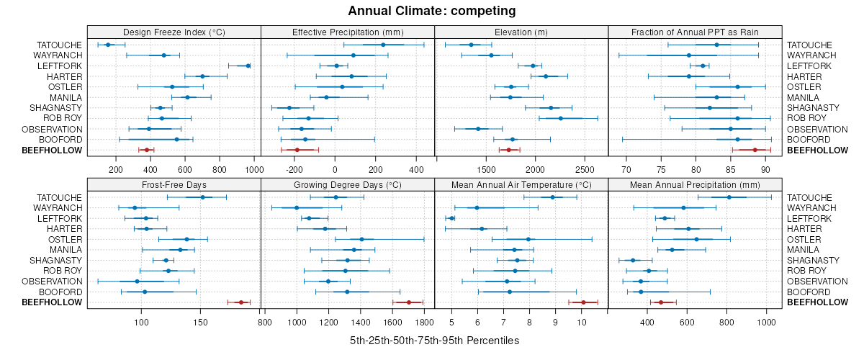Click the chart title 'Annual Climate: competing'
point(432,11)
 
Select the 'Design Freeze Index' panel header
point(174,32)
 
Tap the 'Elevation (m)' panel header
point(521,32)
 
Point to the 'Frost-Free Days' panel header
point(174,185)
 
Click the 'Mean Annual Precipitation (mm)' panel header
point(695,185)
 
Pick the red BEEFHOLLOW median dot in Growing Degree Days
point(408,302)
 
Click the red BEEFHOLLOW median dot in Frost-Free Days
point(240,302)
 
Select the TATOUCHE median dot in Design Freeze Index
point(108,45)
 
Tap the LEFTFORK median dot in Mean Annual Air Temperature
point(451,218)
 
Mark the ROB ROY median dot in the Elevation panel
point(561,118)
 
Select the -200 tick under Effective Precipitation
point(294,170)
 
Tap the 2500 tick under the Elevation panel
point(585,170)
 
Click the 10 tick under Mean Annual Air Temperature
point(581,322)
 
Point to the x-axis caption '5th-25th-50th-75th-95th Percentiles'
point(434,340)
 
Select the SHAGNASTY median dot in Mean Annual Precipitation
point(633,261)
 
